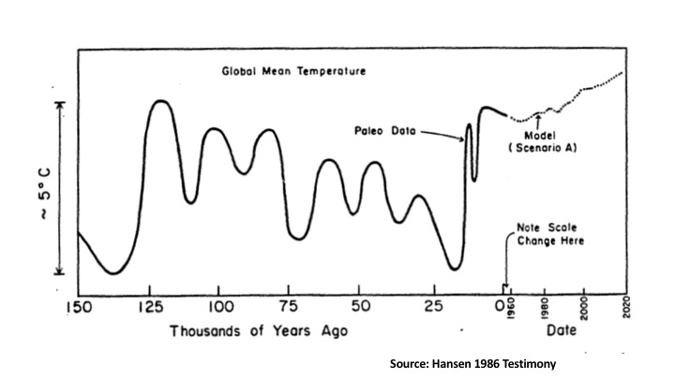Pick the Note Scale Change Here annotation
coord(550,234)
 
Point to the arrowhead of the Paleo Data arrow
coord(464,139)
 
